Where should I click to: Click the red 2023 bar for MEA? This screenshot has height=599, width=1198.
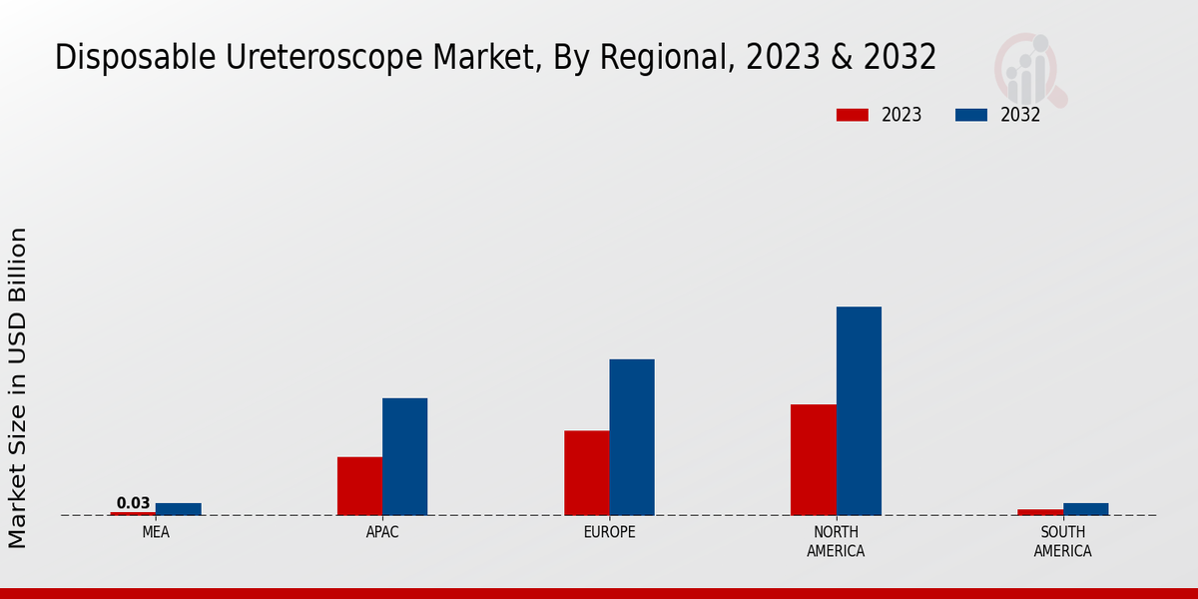coord(133,513)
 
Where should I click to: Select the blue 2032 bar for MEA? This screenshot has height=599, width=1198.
coord(178,509)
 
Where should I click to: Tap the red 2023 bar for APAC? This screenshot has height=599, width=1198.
coord(359,486)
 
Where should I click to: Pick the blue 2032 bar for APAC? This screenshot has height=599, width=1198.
coord(404,456)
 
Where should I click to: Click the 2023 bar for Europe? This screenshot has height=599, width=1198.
coord(586,473)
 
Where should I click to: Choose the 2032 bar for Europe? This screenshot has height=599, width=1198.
coord(632,437)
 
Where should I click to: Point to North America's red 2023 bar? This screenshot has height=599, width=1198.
coord(813,459)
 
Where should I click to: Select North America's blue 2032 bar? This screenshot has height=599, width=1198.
coord(859,410)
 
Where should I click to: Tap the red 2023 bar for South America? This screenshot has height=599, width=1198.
coord(1040,512)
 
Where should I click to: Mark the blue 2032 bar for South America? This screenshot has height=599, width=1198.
coord(1085,509)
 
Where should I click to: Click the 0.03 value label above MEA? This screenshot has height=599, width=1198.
coord(133,503)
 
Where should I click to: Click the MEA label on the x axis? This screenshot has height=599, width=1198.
coord(156,533)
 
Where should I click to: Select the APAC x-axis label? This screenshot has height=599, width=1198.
coord(382,533)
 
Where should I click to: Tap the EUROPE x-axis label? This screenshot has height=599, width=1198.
coord(609,533)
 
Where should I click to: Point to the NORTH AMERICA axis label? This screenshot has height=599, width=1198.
coord(836,542)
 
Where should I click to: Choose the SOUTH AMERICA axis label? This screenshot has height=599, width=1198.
coord(1062,542)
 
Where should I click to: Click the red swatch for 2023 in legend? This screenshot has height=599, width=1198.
coord(852,115)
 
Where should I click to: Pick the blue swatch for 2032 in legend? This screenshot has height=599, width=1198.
coord(970,115)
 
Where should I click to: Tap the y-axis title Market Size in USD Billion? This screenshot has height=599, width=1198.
coord(18,387)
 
